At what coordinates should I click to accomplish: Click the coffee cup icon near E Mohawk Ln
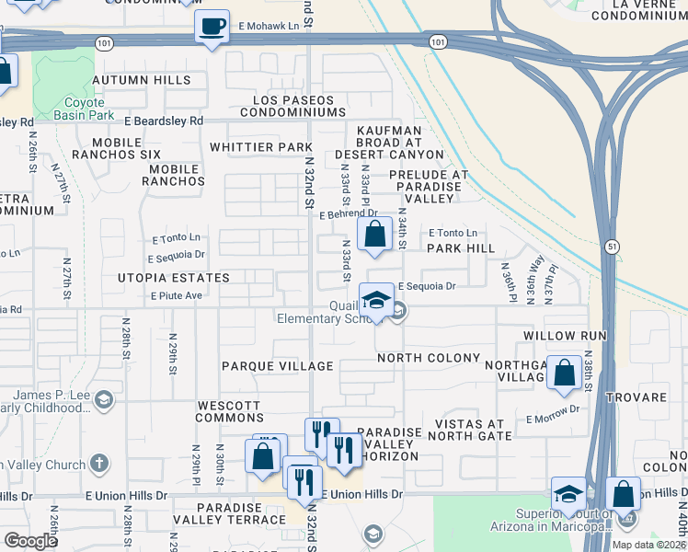pyautogui.click(x=212, y=26)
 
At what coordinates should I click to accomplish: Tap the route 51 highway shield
pyautogui.click(x=612, y=247)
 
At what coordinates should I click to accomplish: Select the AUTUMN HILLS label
pyautogui.click(x=141, y=81)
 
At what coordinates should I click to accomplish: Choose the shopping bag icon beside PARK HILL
pyautogui.click(x=374, y=236)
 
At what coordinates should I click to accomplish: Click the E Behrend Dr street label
pyautogui.click(x=350, y=214)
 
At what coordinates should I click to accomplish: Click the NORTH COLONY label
pyautogui.click(x=428, y=358)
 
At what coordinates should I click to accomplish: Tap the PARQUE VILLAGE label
pyautogui.click(x=277, y=366)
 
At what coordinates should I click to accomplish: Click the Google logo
pyautogui.click(x=30, y=541)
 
